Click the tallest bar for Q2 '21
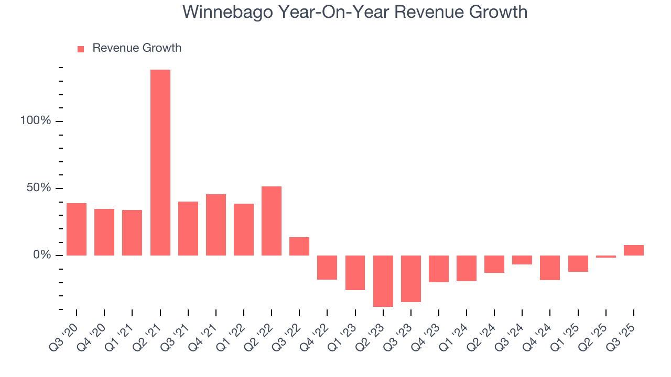tap(160, 162)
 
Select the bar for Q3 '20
tap(77, 229)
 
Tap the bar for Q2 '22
tap(272, 221)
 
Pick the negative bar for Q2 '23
tap(383, 281)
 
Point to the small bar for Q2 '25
tap(606, 257)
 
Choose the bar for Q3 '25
tap(634, 250)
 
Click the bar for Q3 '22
tap(299, 246)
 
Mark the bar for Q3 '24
tap(522, 260)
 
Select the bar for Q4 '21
tap(216, 225)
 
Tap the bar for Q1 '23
tap(355, 273)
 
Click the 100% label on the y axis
tap(36, 121)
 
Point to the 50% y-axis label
tap(39, 188)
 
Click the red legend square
tap(81, 49)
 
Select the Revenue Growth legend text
tap(137, 48)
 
